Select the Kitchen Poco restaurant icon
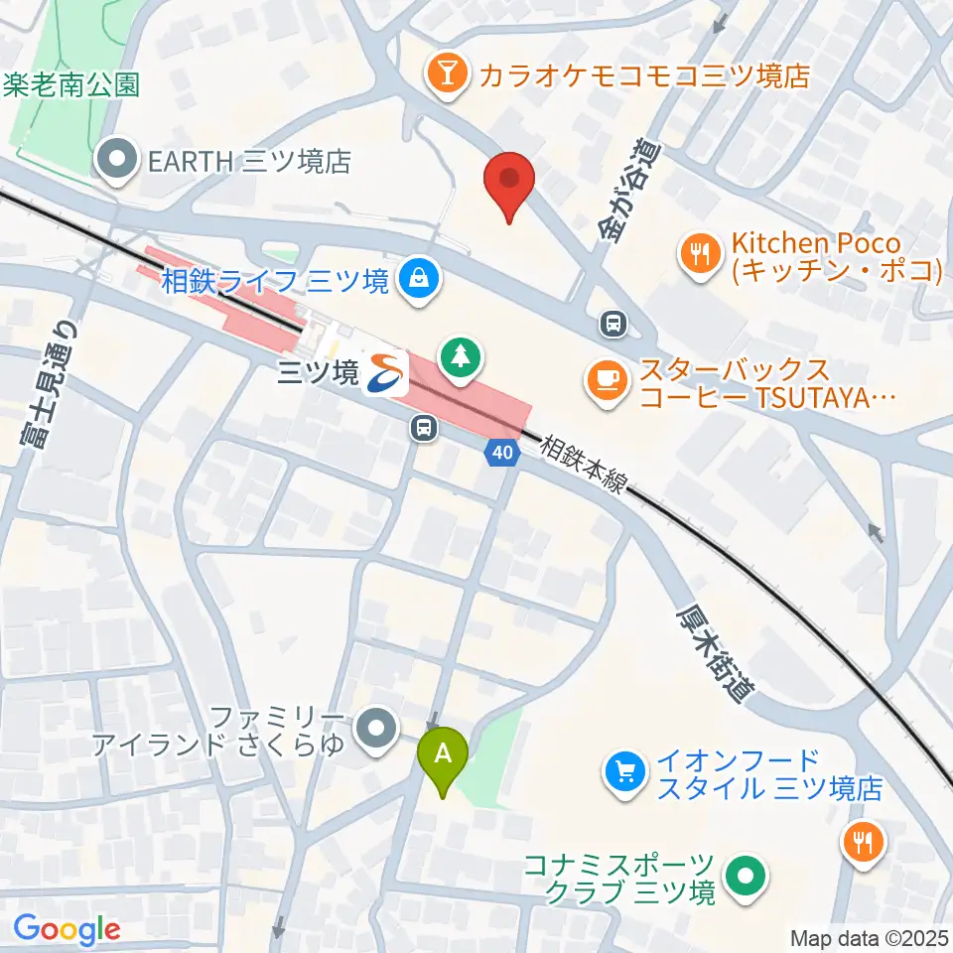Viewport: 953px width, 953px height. pyautogui.click(x=702, y=252)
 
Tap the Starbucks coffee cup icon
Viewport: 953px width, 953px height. pyautogui.click(x=609, y=380)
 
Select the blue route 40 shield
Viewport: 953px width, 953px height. pyautogui.click(x=502, y=453)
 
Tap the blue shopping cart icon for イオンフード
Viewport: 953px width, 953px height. pyautogui.click(x=625, y=772)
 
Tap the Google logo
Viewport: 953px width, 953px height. pyautogui.click(x=67, y=930)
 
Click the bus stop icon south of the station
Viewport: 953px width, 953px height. pyautogui.click(x=424, y=429)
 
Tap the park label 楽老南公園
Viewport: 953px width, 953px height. pyautogui.click(x=71, y=83)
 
